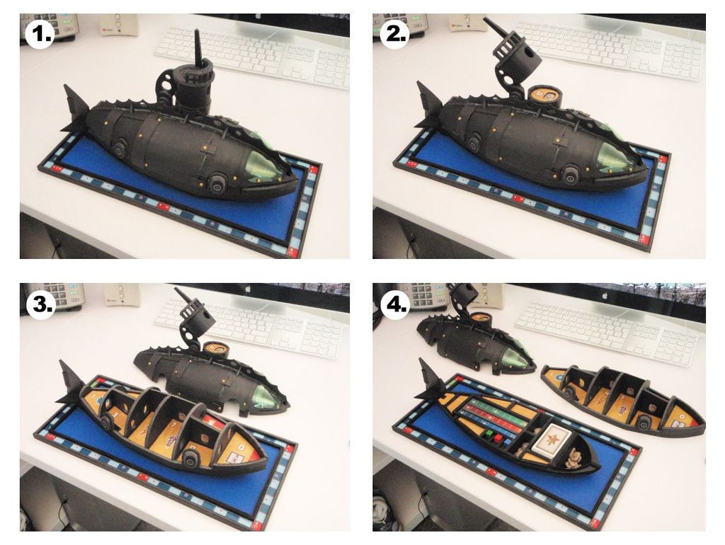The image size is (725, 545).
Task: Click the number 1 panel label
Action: click(40, 35)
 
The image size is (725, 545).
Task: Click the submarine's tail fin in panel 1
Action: click(74, 108)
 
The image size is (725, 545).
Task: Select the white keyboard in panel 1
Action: click(252, 55)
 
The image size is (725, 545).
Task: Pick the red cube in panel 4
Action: click(499, 437)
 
